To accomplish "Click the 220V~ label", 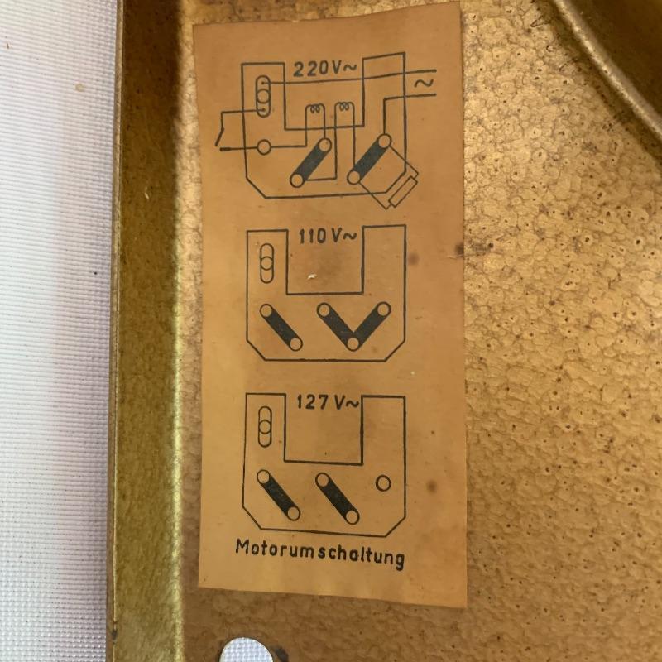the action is click(x=324, y=69).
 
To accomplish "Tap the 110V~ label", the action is click(x=328, y=237).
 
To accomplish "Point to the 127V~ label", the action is click(x=327, y=402).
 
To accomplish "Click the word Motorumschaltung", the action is click(x=319, y=554).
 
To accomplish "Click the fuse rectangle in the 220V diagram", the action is click(x=403, y=191).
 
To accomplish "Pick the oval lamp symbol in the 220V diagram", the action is click(x=263, y=97).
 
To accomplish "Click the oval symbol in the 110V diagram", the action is click(x=266, y=263).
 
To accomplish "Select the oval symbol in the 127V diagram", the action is click(x=265, y=427).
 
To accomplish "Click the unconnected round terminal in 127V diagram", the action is click(x=383, y=483).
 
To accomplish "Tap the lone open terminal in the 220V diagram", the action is click(x=264, y=147).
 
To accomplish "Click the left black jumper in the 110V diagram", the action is click(x=281, y=327).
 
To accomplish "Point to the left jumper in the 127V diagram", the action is click(x=279, y=495).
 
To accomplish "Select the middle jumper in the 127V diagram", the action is click(x=338, y=499).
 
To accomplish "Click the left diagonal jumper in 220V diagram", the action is click(x=311, y=162).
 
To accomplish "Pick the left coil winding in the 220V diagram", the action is click(x=315, y=109).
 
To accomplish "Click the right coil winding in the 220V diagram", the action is click(x=343, y=108).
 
